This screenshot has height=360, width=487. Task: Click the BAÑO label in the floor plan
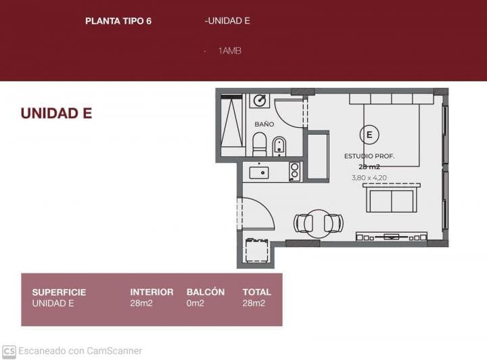click(x=264, y=125)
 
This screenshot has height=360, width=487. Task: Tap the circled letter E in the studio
click(x=369, y=135)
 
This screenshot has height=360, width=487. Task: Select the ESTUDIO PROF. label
click(x=369, y=156)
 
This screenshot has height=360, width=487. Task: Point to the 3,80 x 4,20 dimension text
click(x=369, y=178)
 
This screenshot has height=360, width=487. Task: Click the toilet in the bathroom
click(x=259, y=144)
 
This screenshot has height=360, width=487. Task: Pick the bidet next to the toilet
click(x=279, y=145)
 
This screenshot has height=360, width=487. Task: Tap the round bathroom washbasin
click(x=259, y=101)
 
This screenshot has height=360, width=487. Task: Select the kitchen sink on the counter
click(x=259, y=173)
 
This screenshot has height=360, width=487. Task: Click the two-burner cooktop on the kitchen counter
click(x=294, y=171)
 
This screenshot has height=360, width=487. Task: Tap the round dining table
click(x=318, y=223)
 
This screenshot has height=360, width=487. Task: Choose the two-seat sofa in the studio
click(x=392, y=200)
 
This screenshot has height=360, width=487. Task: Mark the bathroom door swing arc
click(x=289, y=114)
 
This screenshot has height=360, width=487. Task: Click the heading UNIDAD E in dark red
click(x=56, y=114)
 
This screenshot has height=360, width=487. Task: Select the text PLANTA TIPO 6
click(x=118, y=21)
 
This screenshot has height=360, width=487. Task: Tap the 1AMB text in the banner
click(x=230, y=51)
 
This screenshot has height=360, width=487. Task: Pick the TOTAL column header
click(x=256, y=292)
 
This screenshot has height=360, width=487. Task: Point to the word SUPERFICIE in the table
click(x=59, y=292)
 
